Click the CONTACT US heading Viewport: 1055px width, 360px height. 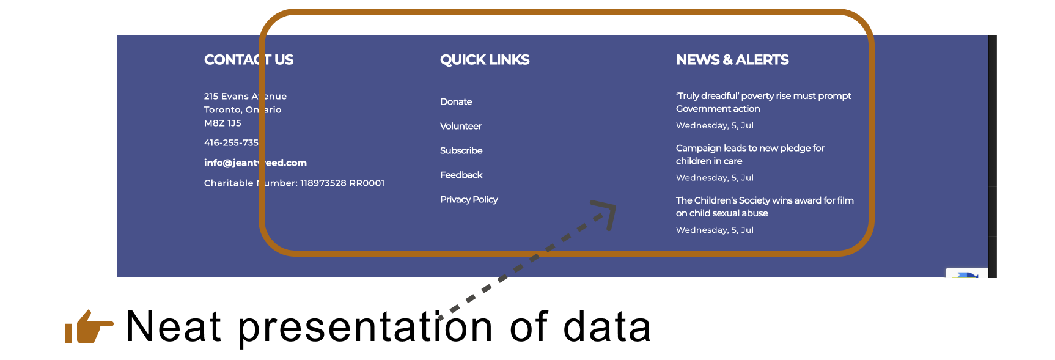(248, 60)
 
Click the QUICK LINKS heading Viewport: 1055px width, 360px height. (485, 60)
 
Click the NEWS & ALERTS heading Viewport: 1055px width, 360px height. (732, 60)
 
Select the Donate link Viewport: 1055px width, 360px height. (456, 101)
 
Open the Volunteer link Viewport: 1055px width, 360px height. (461, 126)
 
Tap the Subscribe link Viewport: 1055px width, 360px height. (461, 150)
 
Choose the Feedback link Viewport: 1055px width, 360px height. (461, 175)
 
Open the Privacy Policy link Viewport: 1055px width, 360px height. (469, 199)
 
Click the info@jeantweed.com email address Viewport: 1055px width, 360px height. (255, 163)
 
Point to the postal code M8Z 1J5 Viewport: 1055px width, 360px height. (222, 123)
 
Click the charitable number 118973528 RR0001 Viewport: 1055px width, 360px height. (342, 183)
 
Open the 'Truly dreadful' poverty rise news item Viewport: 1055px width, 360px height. (763, 102)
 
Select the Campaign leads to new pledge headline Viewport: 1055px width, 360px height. (750, 154)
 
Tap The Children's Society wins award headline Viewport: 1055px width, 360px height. (765, 207)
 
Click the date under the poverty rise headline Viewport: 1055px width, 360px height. (715, 125)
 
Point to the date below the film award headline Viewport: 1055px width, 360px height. (715, 230)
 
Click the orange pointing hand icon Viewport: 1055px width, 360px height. (88, 327)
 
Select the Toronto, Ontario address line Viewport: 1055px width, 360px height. (243, 109)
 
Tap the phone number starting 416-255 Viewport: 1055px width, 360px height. (231, 142)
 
